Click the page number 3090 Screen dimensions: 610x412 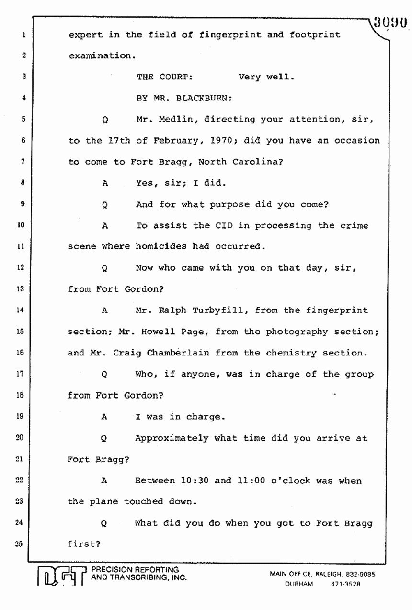(391, 23)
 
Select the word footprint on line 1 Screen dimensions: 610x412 (312, 35)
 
